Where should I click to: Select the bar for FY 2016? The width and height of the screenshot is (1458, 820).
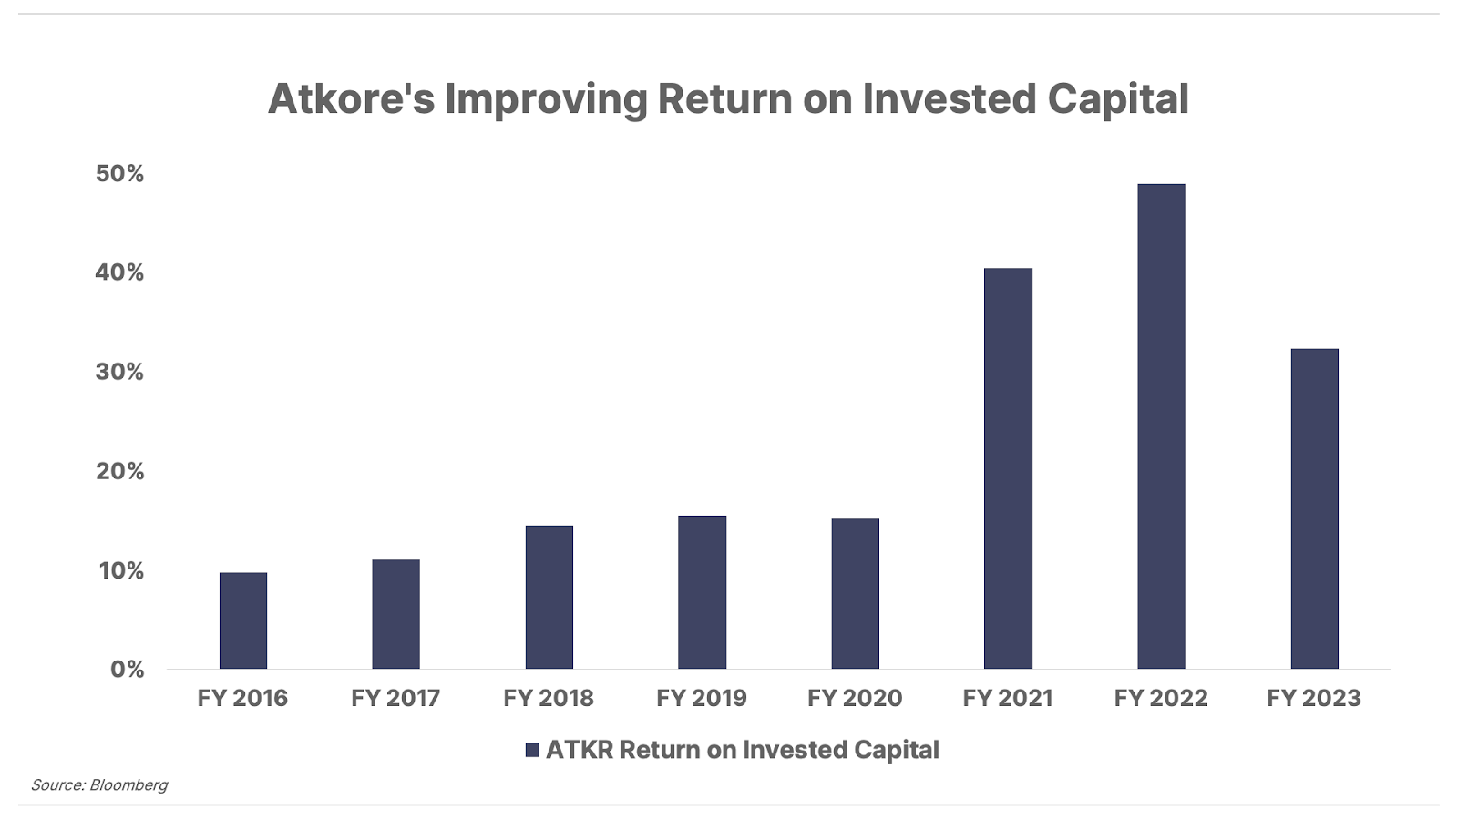pos(242,620)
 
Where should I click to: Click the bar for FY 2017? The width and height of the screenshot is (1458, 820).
pos(395,614)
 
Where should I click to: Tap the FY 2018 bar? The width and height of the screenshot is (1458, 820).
pos(549,598)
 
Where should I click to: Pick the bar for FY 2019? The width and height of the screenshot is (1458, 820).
pos(703,592)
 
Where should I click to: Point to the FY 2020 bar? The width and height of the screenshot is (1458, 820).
pos(856,593)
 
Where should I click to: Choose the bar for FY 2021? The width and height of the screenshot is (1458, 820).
pos(1008,468)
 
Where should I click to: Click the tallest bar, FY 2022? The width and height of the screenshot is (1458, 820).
pos(1161,426)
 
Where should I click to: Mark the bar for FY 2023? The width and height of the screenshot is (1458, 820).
pos(1315,509)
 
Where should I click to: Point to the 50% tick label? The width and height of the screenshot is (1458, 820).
pos(119,174)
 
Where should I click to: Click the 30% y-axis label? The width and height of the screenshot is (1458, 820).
pos(119,373)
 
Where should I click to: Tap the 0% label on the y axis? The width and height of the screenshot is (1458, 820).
pos(127,670)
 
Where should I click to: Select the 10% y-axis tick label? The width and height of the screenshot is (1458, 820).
pos(121,570)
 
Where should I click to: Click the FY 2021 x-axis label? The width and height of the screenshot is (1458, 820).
pos(1008,698)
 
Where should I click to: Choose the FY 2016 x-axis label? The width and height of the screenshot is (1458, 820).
pos(242,698)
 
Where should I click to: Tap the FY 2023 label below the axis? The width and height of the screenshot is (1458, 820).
pos(1314,698)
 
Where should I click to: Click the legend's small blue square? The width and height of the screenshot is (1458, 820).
pos(532,751)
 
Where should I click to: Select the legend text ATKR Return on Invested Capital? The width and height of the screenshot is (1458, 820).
pos(743,750)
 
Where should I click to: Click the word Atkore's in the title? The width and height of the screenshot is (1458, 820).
pos(352,99)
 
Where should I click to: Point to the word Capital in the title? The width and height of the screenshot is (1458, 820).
pos(1118,100)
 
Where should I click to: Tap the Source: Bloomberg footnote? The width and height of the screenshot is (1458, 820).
pos(99,784)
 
